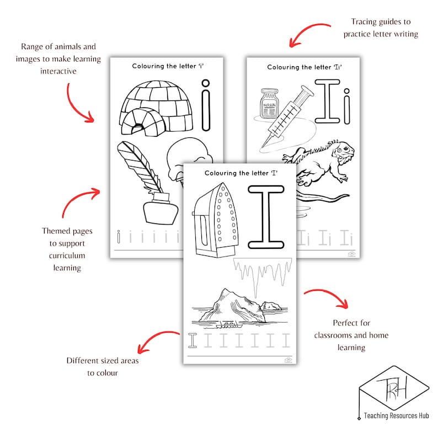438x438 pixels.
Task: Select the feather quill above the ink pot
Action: pos(139,165)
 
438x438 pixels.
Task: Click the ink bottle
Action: pos(160,208)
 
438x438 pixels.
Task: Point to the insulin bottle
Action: pos(269,104)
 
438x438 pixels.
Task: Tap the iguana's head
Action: pos(343,150)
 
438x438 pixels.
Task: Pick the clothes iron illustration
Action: pos(215,220)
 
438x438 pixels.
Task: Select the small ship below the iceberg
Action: pos(229,324)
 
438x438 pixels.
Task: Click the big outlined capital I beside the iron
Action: pos(266,217)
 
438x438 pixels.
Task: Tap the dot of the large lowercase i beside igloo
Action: pos(206,83)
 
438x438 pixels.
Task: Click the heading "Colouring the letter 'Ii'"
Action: pos(305,67)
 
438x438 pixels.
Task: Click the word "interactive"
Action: pos(58,71)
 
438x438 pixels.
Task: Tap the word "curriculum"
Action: pos(67,255)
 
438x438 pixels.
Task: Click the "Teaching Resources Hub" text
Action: pos(397,415)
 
